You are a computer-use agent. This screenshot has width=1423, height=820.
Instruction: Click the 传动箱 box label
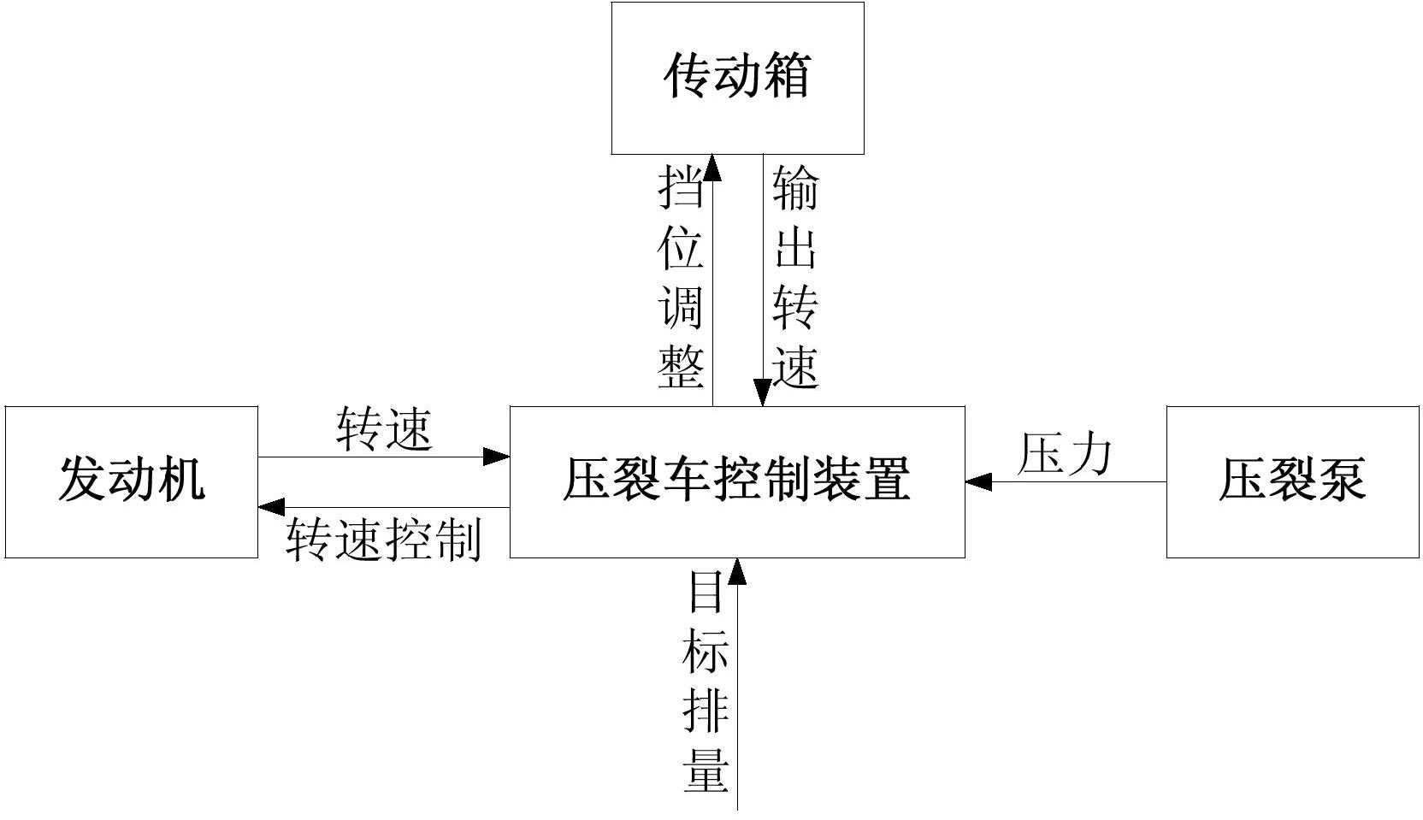point(736,76)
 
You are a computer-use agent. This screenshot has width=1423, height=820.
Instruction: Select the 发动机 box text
point(131,479)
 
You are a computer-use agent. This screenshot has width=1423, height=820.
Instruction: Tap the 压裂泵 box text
point(1291,479)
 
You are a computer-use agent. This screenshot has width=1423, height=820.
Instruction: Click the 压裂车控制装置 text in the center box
point(736,479)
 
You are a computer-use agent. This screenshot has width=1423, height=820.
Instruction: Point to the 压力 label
point(1065,454)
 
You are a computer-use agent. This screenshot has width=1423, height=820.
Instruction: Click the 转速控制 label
point(384,540)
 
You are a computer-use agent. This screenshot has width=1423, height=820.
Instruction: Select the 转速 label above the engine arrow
point(384,429)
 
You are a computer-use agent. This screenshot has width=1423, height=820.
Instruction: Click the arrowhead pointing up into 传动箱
point(712,168)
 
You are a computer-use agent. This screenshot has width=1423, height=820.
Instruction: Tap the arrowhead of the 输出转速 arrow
point(763,393)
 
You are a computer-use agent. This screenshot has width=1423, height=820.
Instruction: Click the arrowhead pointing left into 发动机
point(271,507)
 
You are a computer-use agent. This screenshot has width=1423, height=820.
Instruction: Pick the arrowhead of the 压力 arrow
point(978,481)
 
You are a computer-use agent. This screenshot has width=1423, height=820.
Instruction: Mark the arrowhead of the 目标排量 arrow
point(737,571)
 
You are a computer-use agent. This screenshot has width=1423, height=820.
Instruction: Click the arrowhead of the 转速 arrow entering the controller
point(497,457)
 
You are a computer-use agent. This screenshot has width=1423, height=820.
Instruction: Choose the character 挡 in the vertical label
point(681,187)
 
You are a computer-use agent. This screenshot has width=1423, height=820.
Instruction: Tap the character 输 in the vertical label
point(795,187)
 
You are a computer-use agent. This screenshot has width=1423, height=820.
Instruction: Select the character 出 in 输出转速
point(795,248)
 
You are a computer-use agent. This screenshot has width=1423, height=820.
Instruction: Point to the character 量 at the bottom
point(706,770)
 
